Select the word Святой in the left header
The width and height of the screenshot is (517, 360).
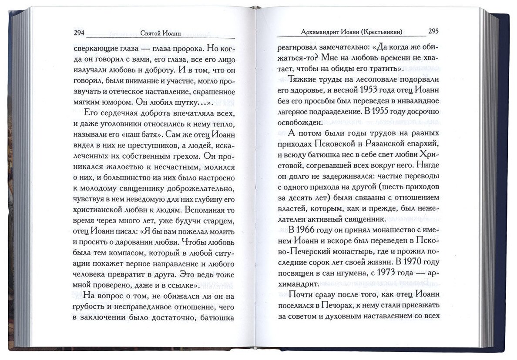click(153, 33)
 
